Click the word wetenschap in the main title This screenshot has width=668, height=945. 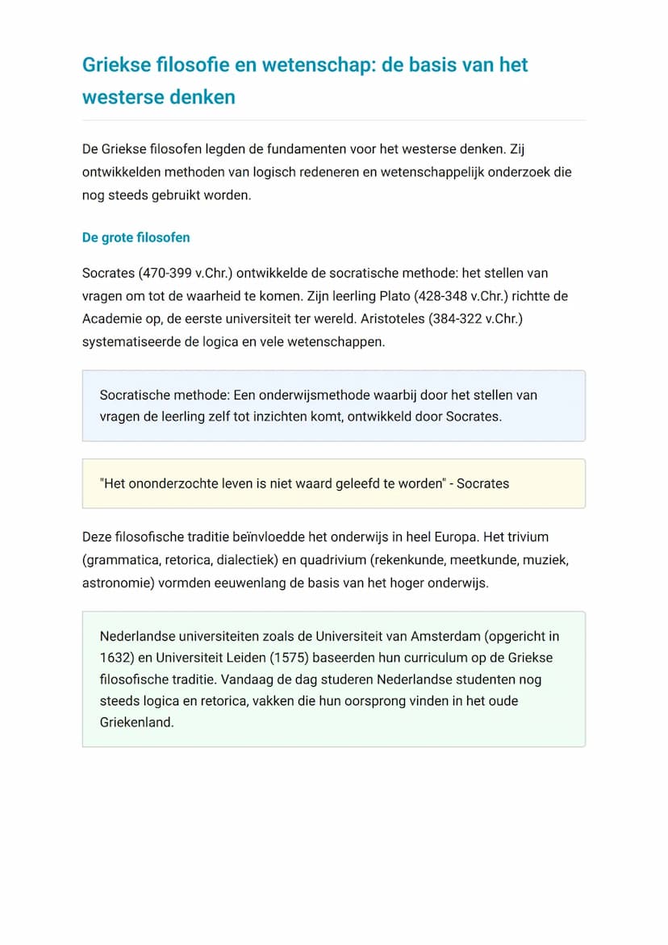[x=310, y=65]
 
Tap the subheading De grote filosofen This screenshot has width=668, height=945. [x=136, y=237]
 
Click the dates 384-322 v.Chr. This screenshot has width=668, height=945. [x=482, y=319]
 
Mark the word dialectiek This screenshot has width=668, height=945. [x=249, y=559]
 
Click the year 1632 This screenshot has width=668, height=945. [x=116, y=658]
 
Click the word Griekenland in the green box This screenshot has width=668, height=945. [x=137, y=722]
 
